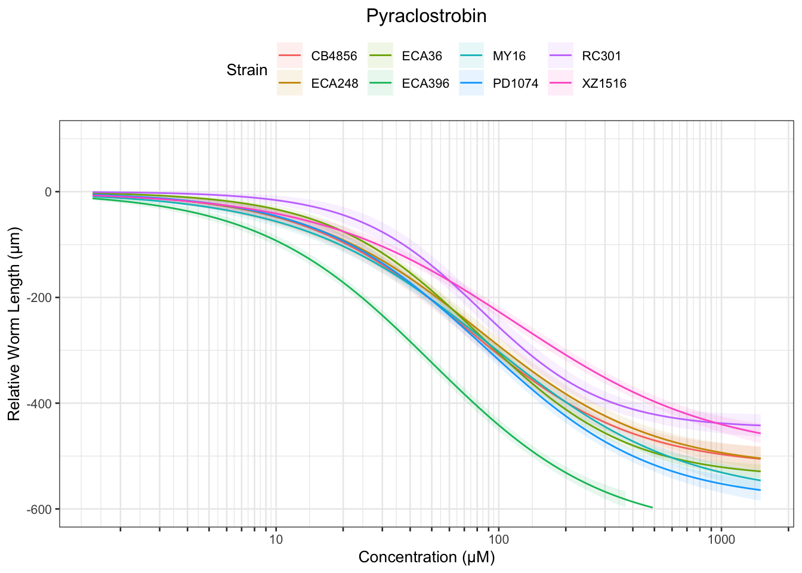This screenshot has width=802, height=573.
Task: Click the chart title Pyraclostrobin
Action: click(426, 16)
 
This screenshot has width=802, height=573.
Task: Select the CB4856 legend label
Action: click(334, 57)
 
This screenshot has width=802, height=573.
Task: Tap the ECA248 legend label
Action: click(335, 84)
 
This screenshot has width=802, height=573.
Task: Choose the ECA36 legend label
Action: click(422, 57)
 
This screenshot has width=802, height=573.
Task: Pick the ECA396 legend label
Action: click(425, 84)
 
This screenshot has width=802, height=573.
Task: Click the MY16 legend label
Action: click(509, 57)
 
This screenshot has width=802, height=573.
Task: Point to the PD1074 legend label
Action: click(516, 84)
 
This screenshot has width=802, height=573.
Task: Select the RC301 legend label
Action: click(601, 57)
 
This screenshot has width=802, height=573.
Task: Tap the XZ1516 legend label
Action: click(604, 84)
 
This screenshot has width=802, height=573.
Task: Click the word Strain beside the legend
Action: click(247, 70)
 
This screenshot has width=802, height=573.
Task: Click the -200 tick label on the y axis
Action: click(42, 298)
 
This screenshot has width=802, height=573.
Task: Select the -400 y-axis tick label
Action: click(42, 403)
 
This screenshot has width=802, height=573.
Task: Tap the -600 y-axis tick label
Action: click(42, 509)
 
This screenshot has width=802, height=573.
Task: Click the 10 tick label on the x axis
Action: click(276, 540)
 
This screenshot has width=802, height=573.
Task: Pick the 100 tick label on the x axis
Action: click(498, 540)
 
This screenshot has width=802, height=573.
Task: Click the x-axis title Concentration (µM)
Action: click(427, 557)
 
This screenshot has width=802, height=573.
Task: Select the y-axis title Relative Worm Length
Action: click(14, 324)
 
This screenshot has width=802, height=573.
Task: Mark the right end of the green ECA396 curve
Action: click(652, 507)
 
